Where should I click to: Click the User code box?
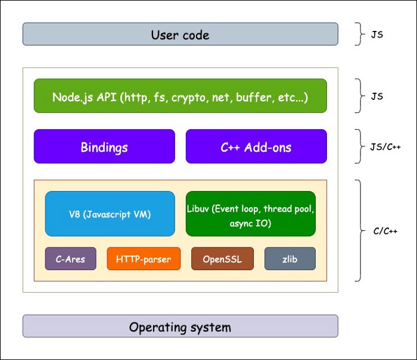click(x=180, y=35)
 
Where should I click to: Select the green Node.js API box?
click(x=180, y=96)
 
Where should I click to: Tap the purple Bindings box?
click(x=104, y=146)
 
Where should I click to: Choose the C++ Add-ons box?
click(x=256, y=146)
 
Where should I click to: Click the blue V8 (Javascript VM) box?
click(x=110, y=214)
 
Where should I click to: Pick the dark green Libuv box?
click(x=250, y=214)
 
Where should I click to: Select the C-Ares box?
click(x=70, y=259)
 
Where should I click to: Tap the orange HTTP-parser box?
click(x=144, y=259)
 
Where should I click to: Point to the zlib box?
click(x=290, y=259)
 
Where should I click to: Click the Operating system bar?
click(x=180, y=327)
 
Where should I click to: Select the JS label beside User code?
click(x=376, y=35)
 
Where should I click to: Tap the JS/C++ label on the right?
click(x=385, y=146)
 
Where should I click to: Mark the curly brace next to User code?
click(x=359, y=35)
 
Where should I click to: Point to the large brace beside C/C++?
click(x=359, y=230)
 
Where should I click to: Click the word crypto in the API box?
click(x=188, y=97)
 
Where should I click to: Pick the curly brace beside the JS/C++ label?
click(x=359, y=146)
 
